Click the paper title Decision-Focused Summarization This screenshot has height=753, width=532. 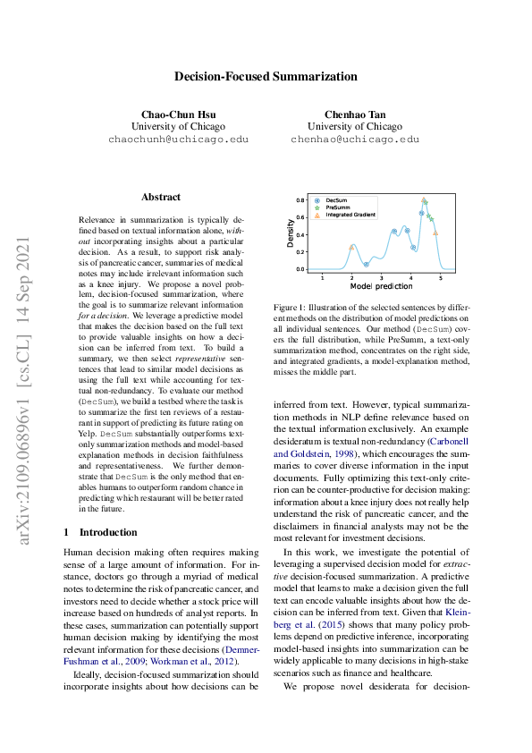tap(266, 76)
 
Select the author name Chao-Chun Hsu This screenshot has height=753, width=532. tap(177, 114)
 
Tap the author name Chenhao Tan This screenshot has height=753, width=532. tap(354, 114)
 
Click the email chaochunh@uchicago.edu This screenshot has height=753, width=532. tap(177, 140)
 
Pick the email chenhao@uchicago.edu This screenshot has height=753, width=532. tap(354, 140)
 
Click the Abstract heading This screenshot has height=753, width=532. tap(161, 197)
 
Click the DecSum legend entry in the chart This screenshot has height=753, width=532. tap(336, 200)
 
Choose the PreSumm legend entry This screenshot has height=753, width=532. tap(337, 207)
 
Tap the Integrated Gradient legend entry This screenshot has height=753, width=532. tap(350, 215)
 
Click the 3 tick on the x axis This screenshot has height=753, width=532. tap(382, 277)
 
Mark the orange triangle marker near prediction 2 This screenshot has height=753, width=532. tap(351, 246)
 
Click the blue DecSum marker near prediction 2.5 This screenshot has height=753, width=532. tap(366, 264)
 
